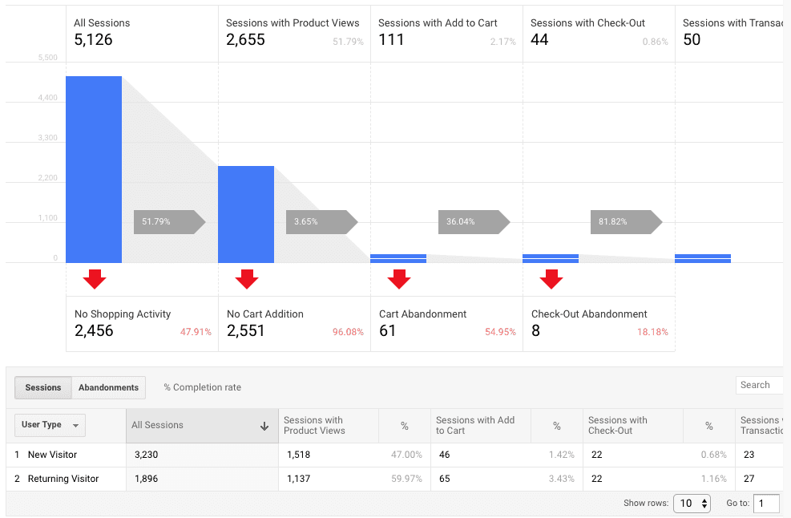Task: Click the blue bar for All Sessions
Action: pyautogui.click(x=94, y=169)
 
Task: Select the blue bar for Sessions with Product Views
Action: pyautogui.click(x=246, y=214)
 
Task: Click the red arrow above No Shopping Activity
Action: pyautogui.click(x=95, y=279)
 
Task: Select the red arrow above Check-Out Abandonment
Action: pyautogui.click(x=551, y=279)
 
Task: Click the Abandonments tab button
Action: pyautogui.click(x=108, y=387)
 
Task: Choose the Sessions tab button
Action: pyautogui.click(x=43, y=387)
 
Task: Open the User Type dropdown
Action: pyautogui.click(x=50, y=425)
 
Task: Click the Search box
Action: pyautogui.click(x=758, y=385)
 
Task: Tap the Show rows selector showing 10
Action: pyautogui.click(x=692, y=504)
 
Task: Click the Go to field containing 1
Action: pyautogui.click(x=766, y=504)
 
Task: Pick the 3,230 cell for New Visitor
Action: pyautogui.click(x=145, y=455)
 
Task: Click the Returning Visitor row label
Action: pyautogui.click(x=63, y=479)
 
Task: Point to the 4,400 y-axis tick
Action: pyautogui.click(x=47, y=98)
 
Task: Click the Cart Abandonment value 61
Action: pyautogui.click(x=388, y=330)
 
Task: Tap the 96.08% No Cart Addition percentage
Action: pyautogui.click(x=348, y=332)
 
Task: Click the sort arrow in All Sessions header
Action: pyautogui.click(x=264, y=427)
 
